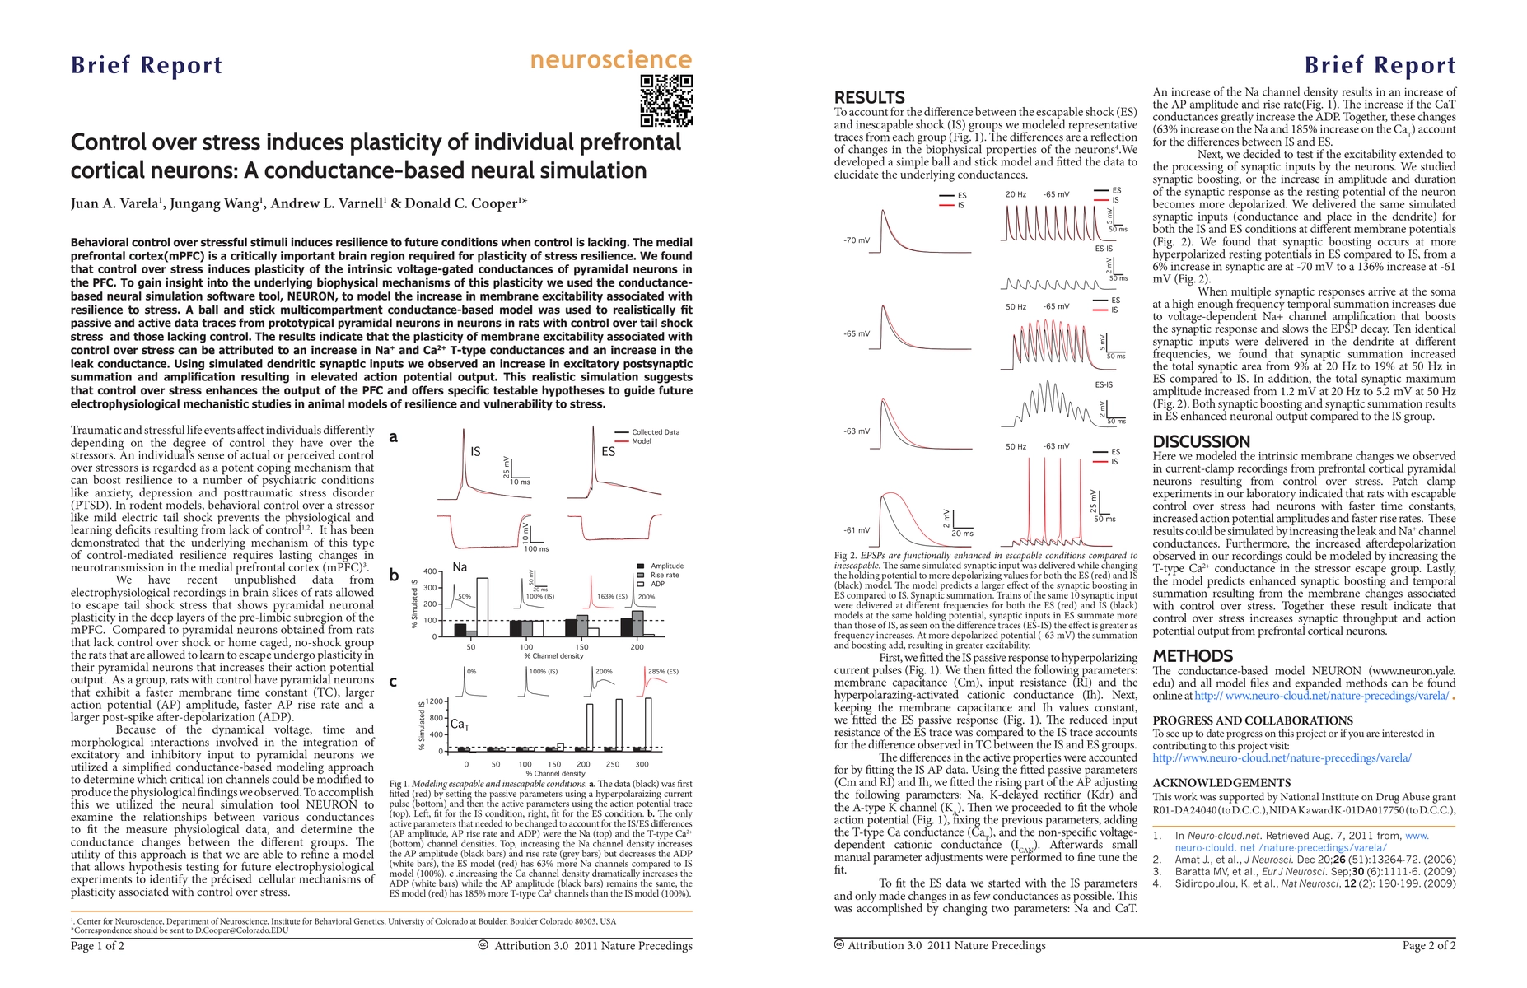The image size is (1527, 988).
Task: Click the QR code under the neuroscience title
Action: pyautogui.click(x=666, y=100)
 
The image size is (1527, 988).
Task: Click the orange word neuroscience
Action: pyautogui.click(x=610, y=60)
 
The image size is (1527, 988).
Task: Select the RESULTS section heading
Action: pyautogui.click(x=869, y=97)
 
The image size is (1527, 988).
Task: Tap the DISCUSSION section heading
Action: pyautogui.click(x=1201, y=442)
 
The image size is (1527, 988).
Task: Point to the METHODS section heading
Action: pyautogui.click(x=1193, y=656)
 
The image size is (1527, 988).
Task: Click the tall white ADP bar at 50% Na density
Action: pyautogui.click(x=482, y=608)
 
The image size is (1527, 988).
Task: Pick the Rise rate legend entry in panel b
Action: pyautogui.click(x=665, y=575)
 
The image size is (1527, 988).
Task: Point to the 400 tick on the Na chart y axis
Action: pyautogui.click(x=429, y=571)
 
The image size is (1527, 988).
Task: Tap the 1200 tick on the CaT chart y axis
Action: pyautogui.click(x=434, y=701)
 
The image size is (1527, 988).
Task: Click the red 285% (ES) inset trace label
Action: pyautogui.click(x=663, y=672)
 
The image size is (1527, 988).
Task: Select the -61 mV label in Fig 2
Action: pyautogui.click(x=856, y=530)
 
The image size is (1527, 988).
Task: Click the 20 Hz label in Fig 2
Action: pyautogui.click(x=1016, y=194)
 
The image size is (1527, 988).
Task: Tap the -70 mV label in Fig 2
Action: pyautogui.click(x=856, y=240)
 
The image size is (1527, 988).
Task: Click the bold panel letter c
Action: pyautogui.click(x=393, y=682)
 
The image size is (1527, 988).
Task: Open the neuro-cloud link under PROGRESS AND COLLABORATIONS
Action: pyautogui.click(x=1282, y=757)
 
